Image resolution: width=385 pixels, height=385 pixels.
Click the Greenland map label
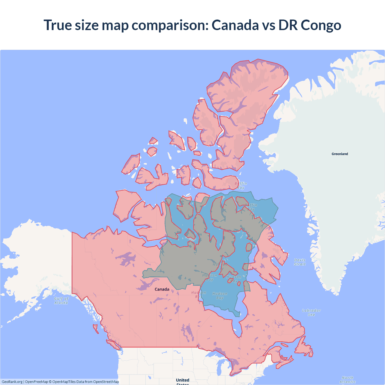point(340,154)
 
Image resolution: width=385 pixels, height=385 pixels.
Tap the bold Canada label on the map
point(162,289)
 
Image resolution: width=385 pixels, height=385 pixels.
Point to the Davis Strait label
point(300,262)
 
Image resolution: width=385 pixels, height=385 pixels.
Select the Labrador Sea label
point(311,313)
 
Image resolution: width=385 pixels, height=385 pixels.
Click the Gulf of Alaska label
point(61,300)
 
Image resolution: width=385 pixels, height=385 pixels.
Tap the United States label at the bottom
point(183,381)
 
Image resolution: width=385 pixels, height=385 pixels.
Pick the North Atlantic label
point(347,380)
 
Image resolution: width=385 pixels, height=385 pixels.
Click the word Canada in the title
point(235,25)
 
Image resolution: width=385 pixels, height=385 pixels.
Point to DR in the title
point(288,25)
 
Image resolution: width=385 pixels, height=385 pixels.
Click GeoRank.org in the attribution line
point(12,382)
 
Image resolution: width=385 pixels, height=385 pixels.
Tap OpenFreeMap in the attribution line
point(36,382)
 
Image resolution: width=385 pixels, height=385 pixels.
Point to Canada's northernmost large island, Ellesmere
point(247,90)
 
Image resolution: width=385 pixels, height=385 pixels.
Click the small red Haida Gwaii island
point(96,328)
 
